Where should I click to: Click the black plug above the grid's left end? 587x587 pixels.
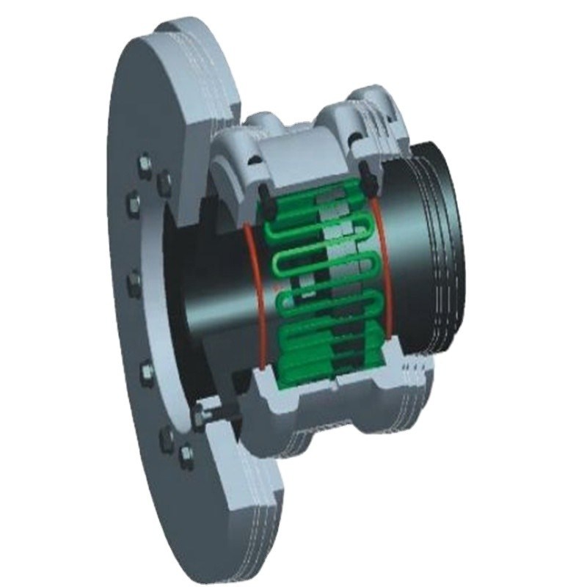click(261, 190)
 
